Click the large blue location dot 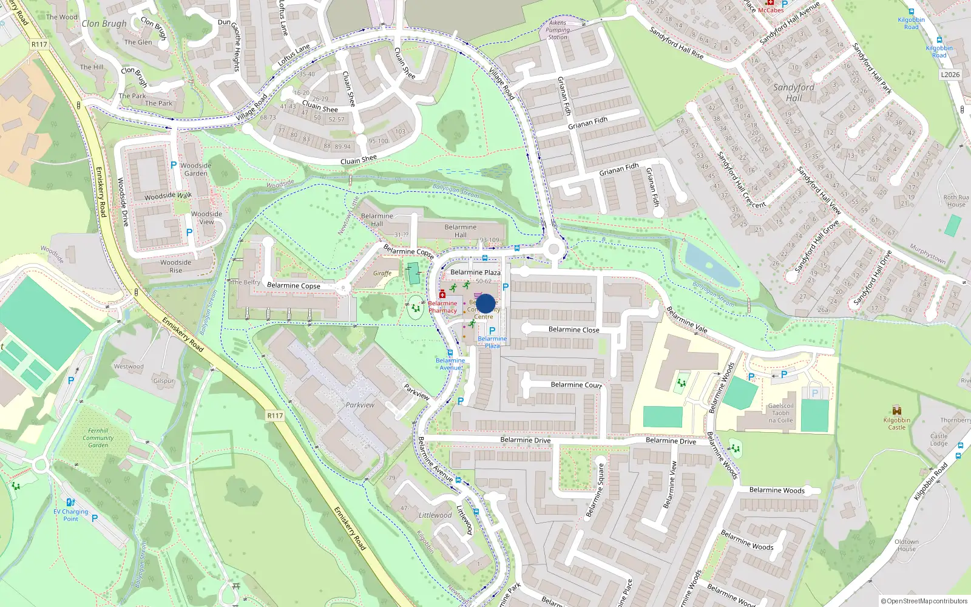pyautogui.click(x=486, y=303)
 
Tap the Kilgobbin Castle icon pyautogui.click(x=897, y=411)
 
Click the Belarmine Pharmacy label pyautogui.click(x=442, y=307)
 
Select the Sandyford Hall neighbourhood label pyautogui.click(x=794, y=92)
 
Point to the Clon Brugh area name pyautogui.click(x=104, y=24)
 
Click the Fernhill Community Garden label pyautogui.click(x=98, y=438)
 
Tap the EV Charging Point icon pyautogui.click(x=70, y=502)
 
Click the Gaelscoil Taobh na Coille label pyautogui.click(x=780, y=413)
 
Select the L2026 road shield pyautogui.click(x=950, y=75)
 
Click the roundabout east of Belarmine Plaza pyautogui.click(x=553, y=248)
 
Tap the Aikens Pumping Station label pyautogui.click(x=558, y=30)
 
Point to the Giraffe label pyautogui.click(x=382, y=273)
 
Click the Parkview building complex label pyautogui.click(x=360, y=405)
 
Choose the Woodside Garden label pyautogui.click(x=195, y=169)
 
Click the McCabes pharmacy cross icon pyautogui.click(x=770, y=3)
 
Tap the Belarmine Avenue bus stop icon pyautogui.click(x=450, y=352)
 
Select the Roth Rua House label pyautogui.click(x=956, y=201)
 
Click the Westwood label pyautogui.click(x=129, y=367)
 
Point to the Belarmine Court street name pyautogui.click(x=576, y=385)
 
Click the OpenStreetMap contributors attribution pyautogui.click(x=924, y=601)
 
